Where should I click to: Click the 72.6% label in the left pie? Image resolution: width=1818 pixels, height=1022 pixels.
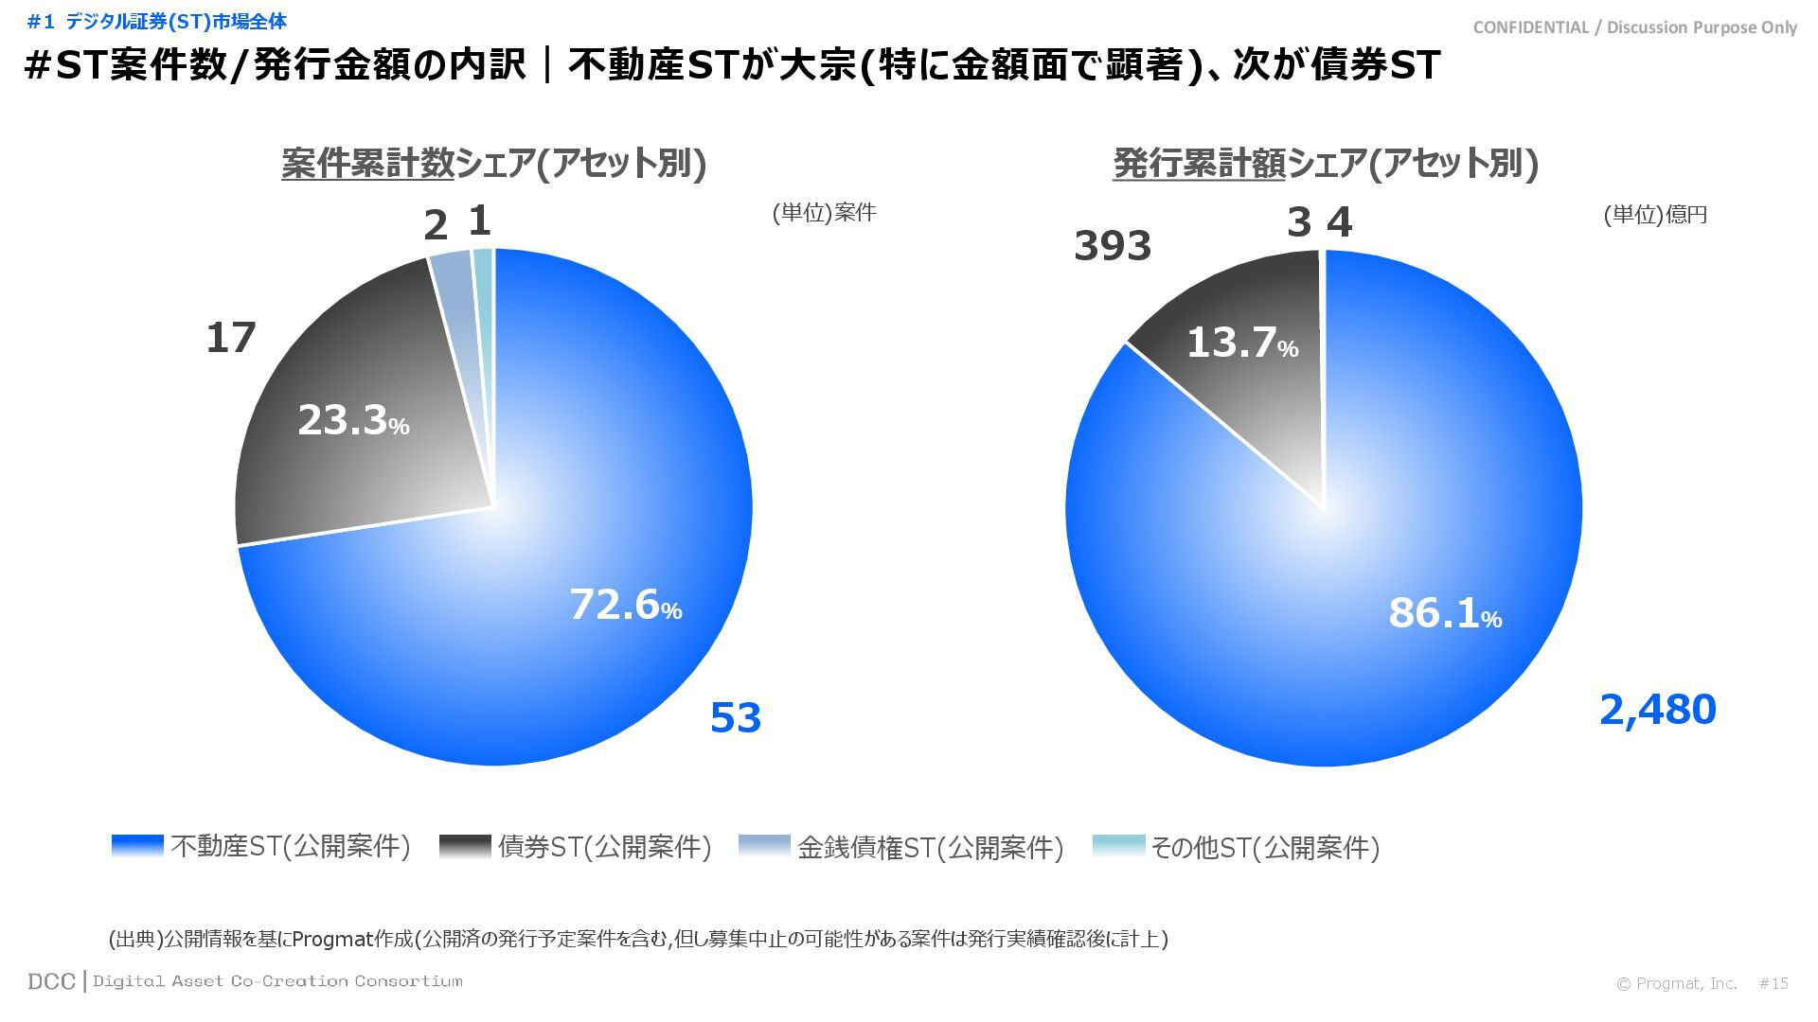[x=625, y=605]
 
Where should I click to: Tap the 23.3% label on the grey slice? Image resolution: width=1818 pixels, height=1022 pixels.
[x=353, y=420]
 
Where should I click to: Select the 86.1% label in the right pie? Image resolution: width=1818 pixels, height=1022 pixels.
[x=1445, y=613]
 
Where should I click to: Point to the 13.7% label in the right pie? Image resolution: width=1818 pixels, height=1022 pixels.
[x=1241, y=342]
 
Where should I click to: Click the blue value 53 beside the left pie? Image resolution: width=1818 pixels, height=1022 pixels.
[x=736, y=718]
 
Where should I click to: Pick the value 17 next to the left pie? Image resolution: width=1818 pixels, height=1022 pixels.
[x=231, y=338]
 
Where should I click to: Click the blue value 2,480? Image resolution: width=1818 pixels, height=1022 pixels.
[x=1657, y=710]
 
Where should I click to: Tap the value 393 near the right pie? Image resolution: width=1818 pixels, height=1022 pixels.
[x=1113, y=246]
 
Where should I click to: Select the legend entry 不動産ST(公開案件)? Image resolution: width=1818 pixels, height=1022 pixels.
[x=261, y=846]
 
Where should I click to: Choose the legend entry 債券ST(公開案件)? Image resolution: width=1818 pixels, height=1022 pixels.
[x=576, y=846]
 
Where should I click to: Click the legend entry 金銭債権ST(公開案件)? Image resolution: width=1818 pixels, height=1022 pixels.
[x=901, y=847]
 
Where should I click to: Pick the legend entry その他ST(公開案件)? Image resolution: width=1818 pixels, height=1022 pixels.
[x=1236, y=847]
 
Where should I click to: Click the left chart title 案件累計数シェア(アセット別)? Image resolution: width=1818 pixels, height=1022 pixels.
[x=493, y=164]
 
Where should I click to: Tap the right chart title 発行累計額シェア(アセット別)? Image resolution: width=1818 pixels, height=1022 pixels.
[x=1326, y=164]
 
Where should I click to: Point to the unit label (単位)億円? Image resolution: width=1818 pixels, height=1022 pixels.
[x=1654, y=215]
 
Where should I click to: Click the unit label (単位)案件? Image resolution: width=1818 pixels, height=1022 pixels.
[x=824, y=213]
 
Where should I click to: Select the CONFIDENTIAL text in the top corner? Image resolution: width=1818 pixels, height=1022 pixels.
[x=1634, y=27]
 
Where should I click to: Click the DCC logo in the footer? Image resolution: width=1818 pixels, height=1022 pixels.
[x=51, y=981]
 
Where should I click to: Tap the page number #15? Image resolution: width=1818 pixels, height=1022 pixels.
[x=1773, y=983]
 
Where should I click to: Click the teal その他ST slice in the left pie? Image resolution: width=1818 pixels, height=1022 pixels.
[x=484, y=265]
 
